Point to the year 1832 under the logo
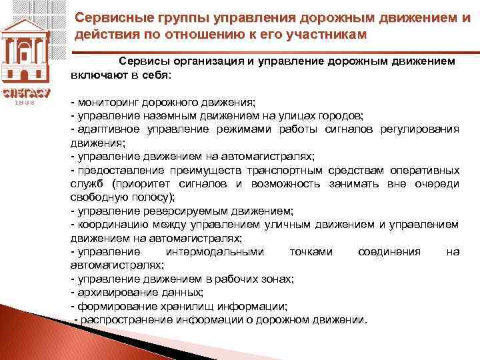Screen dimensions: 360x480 25,103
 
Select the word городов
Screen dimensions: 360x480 339,115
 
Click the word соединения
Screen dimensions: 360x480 389,252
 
